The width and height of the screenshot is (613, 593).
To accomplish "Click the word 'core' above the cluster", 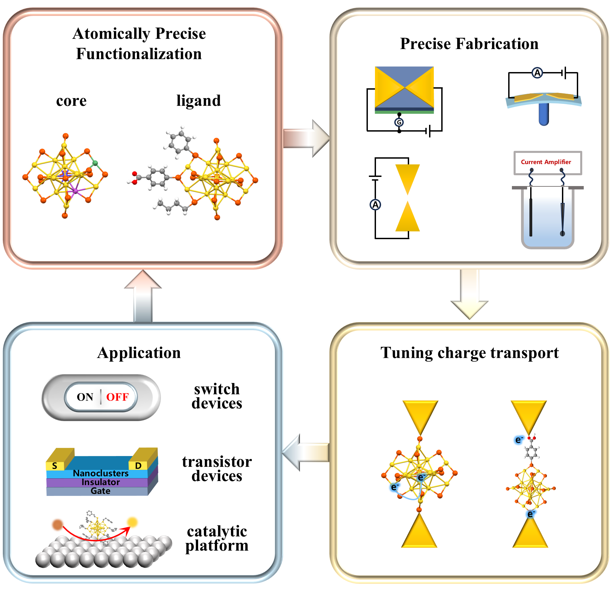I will coord(71,101).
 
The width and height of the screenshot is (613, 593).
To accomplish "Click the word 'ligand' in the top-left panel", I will coord(198,101).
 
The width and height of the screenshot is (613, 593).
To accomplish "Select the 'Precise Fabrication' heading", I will coord(469,44).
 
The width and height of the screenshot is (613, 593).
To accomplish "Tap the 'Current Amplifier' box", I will coord(547,163).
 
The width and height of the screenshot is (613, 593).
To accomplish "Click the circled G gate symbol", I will coord(399,122).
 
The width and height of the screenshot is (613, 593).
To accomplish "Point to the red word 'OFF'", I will coord(117,397).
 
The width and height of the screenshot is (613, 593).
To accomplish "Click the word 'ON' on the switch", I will coord(85,397).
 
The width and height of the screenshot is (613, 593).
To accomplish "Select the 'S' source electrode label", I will coord(54,466).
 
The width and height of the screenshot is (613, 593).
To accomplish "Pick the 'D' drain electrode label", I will coord(138,466).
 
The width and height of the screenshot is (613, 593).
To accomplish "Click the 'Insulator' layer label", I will coord(100,482).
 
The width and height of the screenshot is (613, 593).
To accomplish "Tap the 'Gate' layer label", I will coord(100,491).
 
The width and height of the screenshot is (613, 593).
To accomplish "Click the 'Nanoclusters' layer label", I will coord(100,473).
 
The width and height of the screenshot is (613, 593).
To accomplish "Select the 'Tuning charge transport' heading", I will coord(469,353).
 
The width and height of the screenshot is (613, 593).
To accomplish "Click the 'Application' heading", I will coord(139,353).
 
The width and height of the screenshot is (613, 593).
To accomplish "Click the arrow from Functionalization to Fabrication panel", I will coord(306,138).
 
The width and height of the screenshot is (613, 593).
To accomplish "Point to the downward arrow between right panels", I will coord(469,294).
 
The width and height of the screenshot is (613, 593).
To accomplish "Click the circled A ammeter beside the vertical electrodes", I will coord(375,205).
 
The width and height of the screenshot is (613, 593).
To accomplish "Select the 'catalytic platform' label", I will coord(217,538).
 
